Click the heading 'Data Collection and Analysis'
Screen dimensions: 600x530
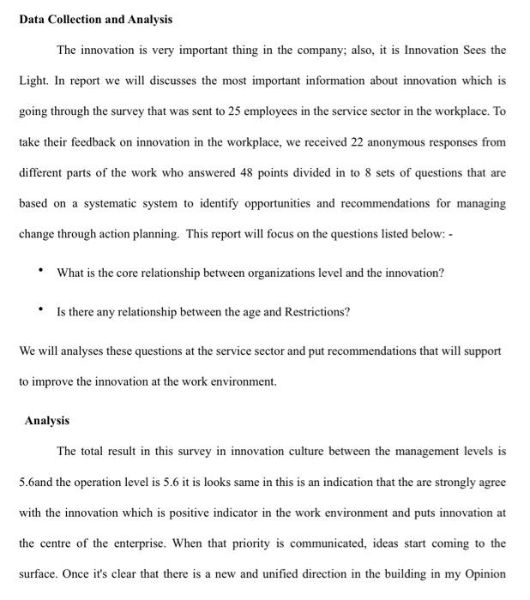pos(95,19)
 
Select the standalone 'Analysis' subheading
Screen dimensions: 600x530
pos(47,421)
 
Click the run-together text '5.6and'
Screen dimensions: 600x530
pos(37,482)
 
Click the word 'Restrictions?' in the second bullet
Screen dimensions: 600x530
pos(318,312)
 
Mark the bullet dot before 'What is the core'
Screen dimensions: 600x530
pos(40,272)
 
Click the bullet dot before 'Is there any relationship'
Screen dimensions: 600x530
pos(40,311)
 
